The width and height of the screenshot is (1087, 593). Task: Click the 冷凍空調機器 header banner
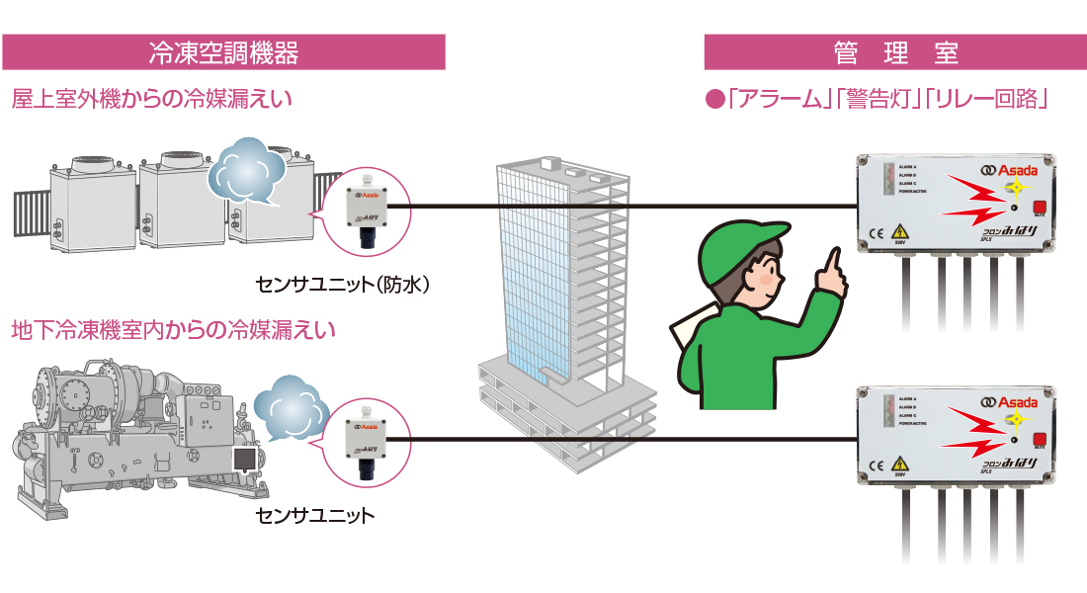(223, 52)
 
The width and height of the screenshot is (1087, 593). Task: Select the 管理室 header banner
(895, 52)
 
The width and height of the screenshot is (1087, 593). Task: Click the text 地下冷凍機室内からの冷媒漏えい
(173, 328)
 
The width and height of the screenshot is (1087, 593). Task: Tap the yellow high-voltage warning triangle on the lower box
(900, 465)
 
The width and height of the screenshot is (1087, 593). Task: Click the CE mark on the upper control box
(876, 233)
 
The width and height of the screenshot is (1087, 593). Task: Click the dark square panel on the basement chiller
(245, 459)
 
